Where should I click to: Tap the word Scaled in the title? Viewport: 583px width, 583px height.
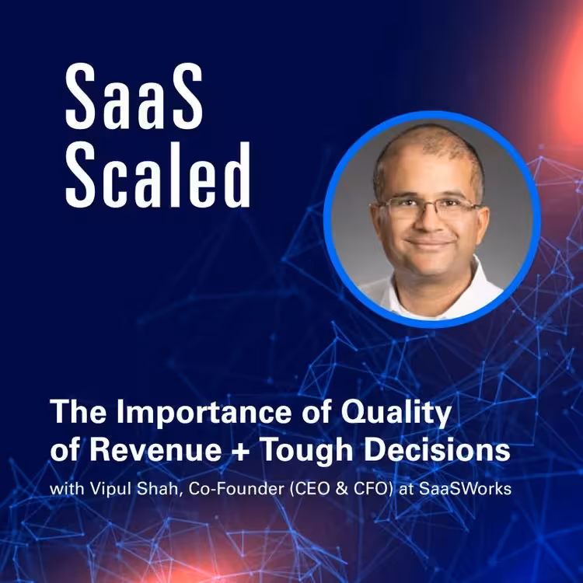click(158, 175)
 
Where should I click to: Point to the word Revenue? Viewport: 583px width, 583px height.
click(155, 451)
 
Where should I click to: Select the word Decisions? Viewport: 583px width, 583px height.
click(437, 451)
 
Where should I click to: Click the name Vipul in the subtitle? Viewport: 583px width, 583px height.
click(110, 490)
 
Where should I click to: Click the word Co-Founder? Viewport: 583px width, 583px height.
click(236, 489)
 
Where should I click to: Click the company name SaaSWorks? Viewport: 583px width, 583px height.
click(465, 489)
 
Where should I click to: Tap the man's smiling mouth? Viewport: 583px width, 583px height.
click(429, 243)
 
